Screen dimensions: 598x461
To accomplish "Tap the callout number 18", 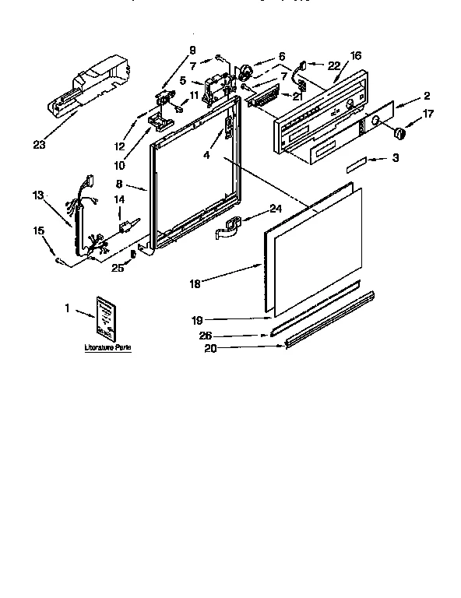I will click(195, 283).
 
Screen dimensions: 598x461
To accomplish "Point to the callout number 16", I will click(356, 56).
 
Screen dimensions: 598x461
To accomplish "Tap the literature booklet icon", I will click(106, 318).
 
